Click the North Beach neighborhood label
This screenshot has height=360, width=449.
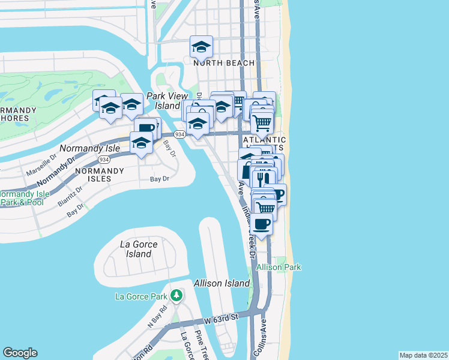pos(223,63)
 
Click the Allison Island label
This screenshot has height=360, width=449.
pos(221,283)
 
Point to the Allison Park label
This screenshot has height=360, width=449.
pos(279,267)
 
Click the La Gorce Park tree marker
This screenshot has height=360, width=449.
pos(176,295)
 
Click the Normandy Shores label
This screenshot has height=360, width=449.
pos(18,114)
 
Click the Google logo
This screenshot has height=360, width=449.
pos(20,353)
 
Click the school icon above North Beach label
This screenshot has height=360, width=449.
pos(202,46)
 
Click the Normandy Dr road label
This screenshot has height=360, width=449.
pos(56,170)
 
